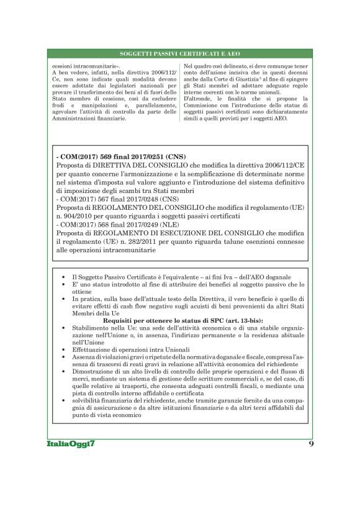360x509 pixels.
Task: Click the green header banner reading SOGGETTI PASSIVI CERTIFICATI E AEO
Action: (179, 55)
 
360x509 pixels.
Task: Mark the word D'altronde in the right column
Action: (198, 98)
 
